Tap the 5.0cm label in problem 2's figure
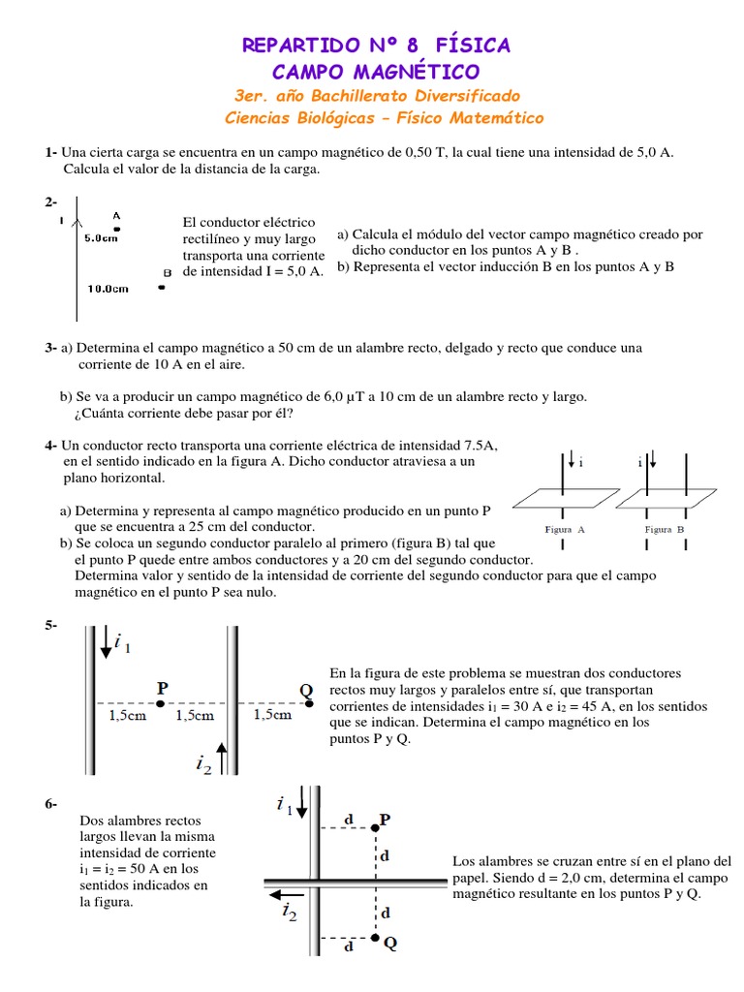coord(101,237)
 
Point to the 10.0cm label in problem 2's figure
coord(107,288)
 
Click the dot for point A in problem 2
coord(117,229)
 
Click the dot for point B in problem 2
coord(162,287)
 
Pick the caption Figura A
coord(565,530)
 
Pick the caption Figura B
coord(665,530)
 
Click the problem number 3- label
coord(51,347)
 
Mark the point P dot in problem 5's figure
coord(162,702)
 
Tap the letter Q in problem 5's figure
coord(306,689)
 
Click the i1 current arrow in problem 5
coord(106,643)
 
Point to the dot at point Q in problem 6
coord(376,938)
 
